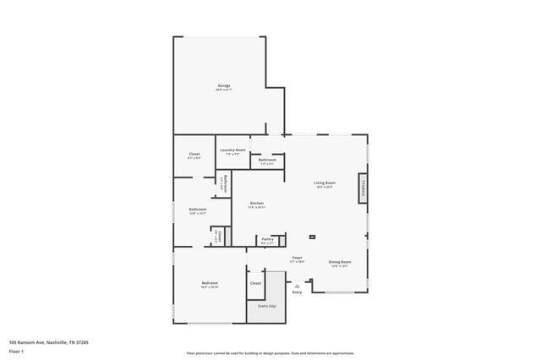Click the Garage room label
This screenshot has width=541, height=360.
(x=224, y=86)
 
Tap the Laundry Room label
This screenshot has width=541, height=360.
(x=232, y=150)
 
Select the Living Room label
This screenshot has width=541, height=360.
(x=325, y=183)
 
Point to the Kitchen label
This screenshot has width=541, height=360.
(x=257, y=204)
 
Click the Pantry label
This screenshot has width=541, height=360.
(x=267, y=240)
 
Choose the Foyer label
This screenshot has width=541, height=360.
(x=298, y=258)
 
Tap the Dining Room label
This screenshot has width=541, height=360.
(x=340, y=262)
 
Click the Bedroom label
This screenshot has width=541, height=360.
(x=210, y=283)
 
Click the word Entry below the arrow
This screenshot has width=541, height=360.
(x=297, y=292)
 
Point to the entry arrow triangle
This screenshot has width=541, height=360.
(x=297, y=286)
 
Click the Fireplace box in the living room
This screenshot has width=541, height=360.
(x=363, y=188)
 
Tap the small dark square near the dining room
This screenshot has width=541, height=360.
(x=313, y=237)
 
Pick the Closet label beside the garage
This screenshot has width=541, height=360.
(x=194, y=155)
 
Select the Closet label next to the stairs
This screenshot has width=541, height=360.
(x=255, y=283)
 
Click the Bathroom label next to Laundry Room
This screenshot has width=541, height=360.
(x=267, y=161)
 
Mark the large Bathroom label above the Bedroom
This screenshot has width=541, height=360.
(x=198, y=210)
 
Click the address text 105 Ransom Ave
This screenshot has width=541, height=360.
(x=49, y=342)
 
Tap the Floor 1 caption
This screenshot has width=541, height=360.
(x=16, y=351)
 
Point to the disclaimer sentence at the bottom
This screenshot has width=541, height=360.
(x=270, y=353)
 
